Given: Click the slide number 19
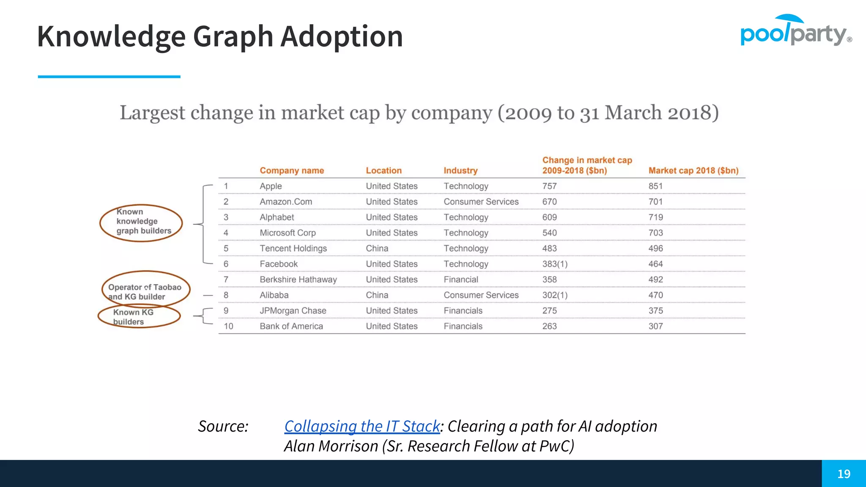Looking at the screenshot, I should point(844,473).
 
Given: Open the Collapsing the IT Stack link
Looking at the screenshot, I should point(362,426).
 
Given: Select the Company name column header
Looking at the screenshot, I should point(292,170).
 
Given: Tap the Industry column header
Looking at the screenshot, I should point(460,170).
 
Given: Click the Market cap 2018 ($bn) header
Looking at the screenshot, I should point(693,170).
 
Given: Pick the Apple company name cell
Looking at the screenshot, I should point(271,186).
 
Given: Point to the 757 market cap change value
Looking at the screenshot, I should point(549,186).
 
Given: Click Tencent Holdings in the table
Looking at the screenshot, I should point(293,248).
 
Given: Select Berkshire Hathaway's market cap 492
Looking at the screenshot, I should point(655,279).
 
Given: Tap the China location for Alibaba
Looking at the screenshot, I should point(377,295).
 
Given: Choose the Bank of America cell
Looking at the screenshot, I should point(291,326).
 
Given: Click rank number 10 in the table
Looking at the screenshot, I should point(228,326).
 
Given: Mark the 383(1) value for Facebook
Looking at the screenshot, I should point(555,264).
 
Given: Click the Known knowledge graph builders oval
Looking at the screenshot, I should point(141,223).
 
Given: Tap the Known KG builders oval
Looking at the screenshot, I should point(139,317).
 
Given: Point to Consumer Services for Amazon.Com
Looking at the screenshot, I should point(481,202).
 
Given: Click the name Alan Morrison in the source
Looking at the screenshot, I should point(331,446).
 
